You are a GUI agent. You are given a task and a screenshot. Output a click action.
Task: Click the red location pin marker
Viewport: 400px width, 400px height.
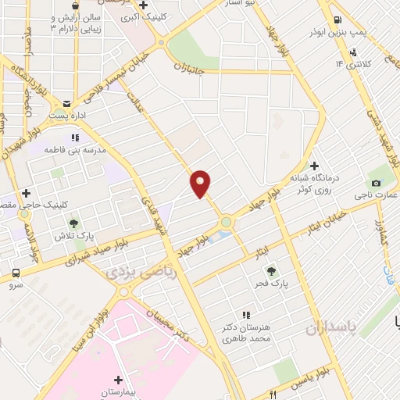pos(201,184)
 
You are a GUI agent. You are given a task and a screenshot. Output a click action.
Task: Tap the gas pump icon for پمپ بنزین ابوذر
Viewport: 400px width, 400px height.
pos(336,20)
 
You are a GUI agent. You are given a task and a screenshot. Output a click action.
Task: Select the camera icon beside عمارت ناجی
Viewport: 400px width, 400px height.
pos(377,183)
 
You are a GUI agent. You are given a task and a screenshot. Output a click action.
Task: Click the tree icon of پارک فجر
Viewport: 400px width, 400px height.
pos(271,271)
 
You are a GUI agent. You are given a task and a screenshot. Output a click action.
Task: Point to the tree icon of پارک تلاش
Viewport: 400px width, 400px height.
pos(73,223)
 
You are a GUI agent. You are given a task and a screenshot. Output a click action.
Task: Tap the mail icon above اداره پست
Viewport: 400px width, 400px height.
pos(66,103)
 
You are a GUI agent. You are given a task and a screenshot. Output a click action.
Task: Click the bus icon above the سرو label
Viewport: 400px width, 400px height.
pos(16,273)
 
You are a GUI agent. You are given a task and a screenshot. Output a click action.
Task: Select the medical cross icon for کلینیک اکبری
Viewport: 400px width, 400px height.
pos(142,5)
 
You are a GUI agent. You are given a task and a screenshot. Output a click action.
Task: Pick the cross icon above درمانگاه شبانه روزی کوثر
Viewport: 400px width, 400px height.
pos(313,166)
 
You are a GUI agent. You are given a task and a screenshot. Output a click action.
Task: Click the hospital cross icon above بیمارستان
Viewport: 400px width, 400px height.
pos(118,378)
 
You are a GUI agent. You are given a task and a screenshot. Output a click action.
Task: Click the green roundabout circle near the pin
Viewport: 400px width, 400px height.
pos(226,222)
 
